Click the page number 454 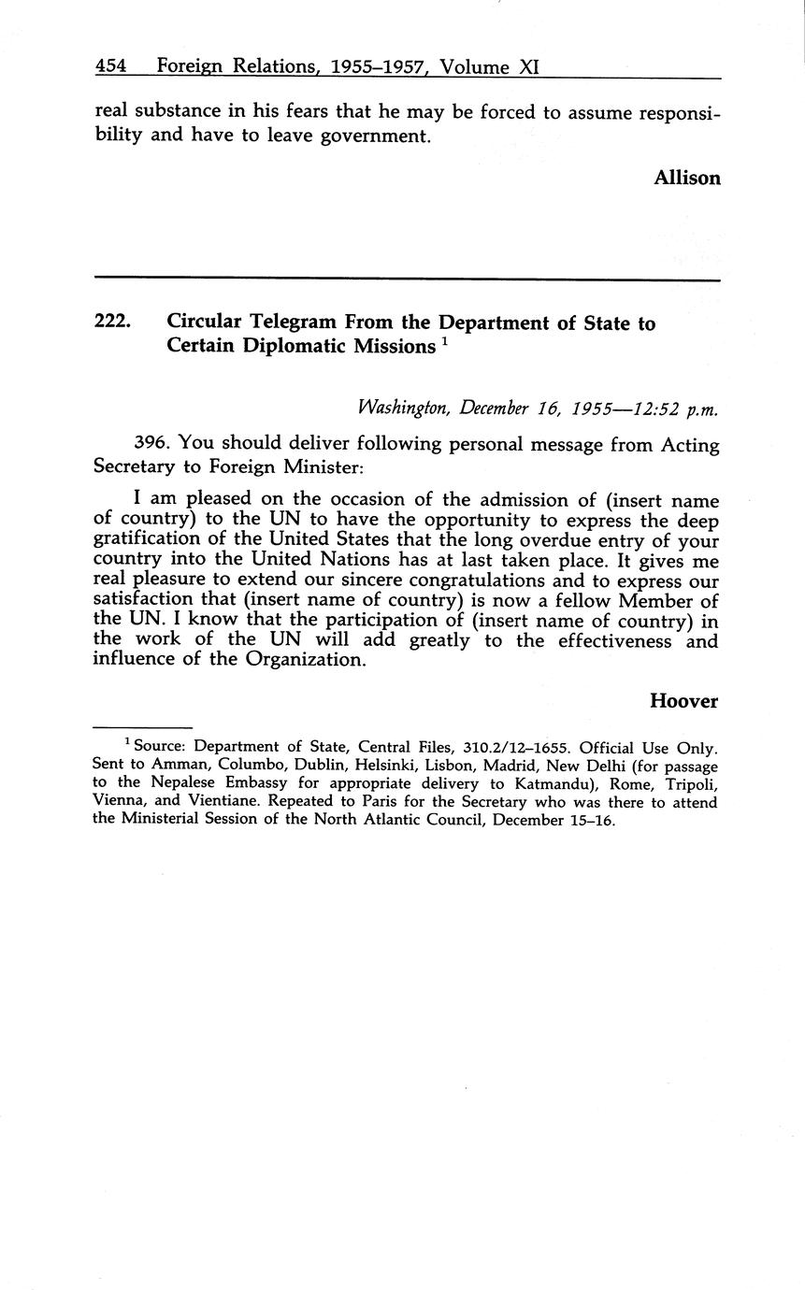point(111,66)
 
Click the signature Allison point(686,178)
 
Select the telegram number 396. point(154,445)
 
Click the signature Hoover point(683,701)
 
